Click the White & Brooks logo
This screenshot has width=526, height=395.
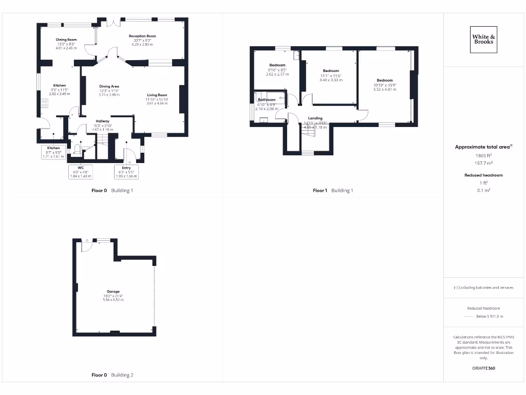[x=483, y=39]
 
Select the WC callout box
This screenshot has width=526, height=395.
[x=81, y=172]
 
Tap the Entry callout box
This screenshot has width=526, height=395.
[x=126, y=172]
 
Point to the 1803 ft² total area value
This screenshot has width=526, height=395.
[x=483, y=155]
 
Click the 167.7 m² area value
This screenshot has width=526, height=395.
[x=483, y=163]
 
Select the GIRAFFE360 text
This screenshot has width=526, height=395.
[x=483, y=368]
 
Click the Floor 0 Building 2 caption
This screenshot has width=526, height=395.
[x=112, y=375]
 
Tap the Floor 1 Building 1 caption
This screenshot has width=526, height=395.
[x=333, y=190]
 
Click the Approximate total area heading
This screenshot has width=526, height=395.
[x=483, y=147]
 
